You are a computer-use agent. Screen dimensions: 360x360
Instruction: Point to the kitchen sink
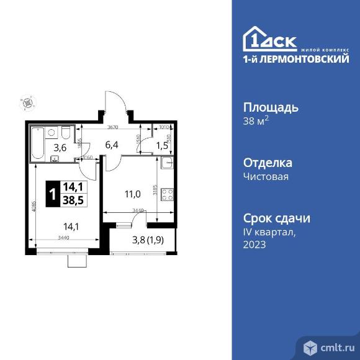tap(167, 163)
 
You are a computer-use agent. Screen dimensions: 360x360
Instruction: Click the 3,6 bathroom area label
tap(60, 148)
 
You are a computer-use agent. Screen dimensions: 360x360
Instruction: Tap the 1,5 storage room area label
tap(161, 146)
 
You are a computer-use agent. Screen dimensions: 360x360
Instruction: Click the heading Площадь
tap(270, 107)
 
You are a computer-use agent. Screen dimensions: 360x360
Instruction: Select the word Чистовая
tap(266, 176)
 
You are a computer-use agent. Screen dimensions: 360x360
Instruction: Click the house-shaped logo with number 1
tap(254, 38)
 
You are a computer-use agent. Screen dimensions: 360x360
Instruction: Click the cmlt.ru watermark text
tap(335, 346)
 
